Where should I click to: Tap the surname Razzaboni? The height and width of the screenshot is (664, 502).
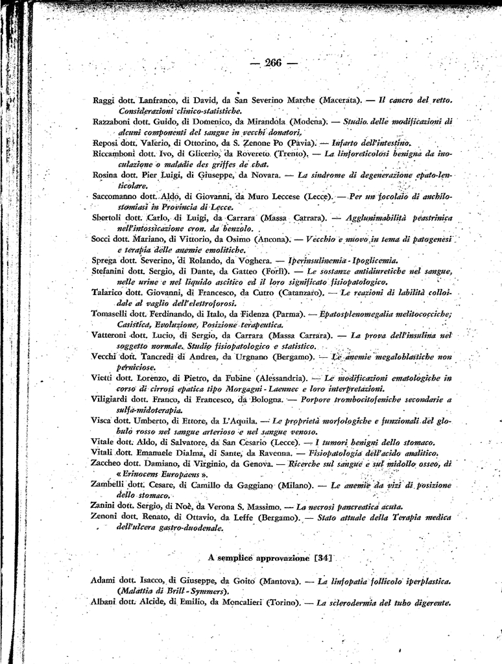coord(112,121)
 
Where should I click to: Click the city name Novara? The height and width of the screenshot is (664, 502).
coord(261,175)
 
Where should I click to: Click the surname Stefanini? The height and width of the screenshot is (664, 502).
coord(112,270)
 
